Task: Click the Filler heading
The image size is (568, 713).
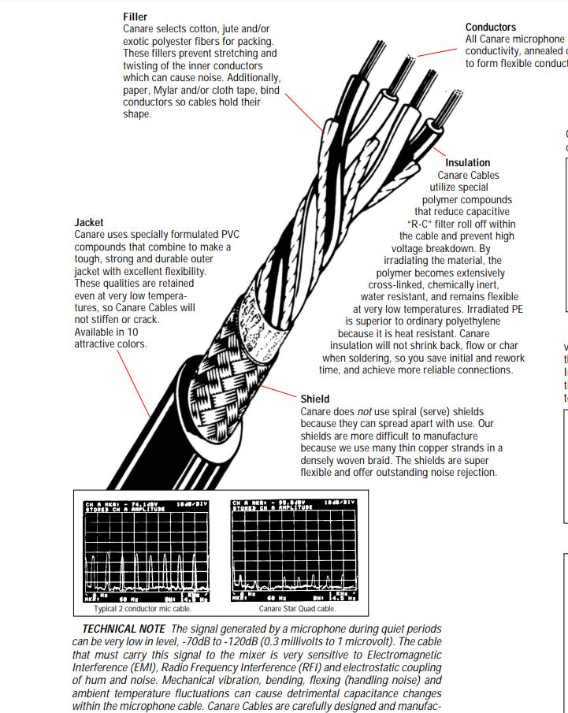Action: pos(135,17)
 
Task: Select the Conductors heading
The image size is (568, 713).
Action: pos(491,27)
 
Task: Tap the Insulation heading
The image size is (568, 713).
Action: pos(467,163)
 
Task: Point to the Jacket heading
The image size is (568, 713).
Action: pos(88,223)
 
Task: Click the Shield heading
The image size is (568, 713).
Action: pos(315,399)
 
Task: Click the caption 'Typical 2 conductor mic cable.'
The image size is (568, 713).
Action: pos(143,608)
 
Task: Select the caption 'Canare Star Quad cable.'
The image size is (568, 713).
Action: pos(297,608)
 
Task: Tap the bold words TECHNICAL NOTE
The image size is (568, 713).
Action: pos(124,629)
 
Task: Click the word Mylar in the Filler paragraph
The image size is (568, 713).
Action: pos(169,90)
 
